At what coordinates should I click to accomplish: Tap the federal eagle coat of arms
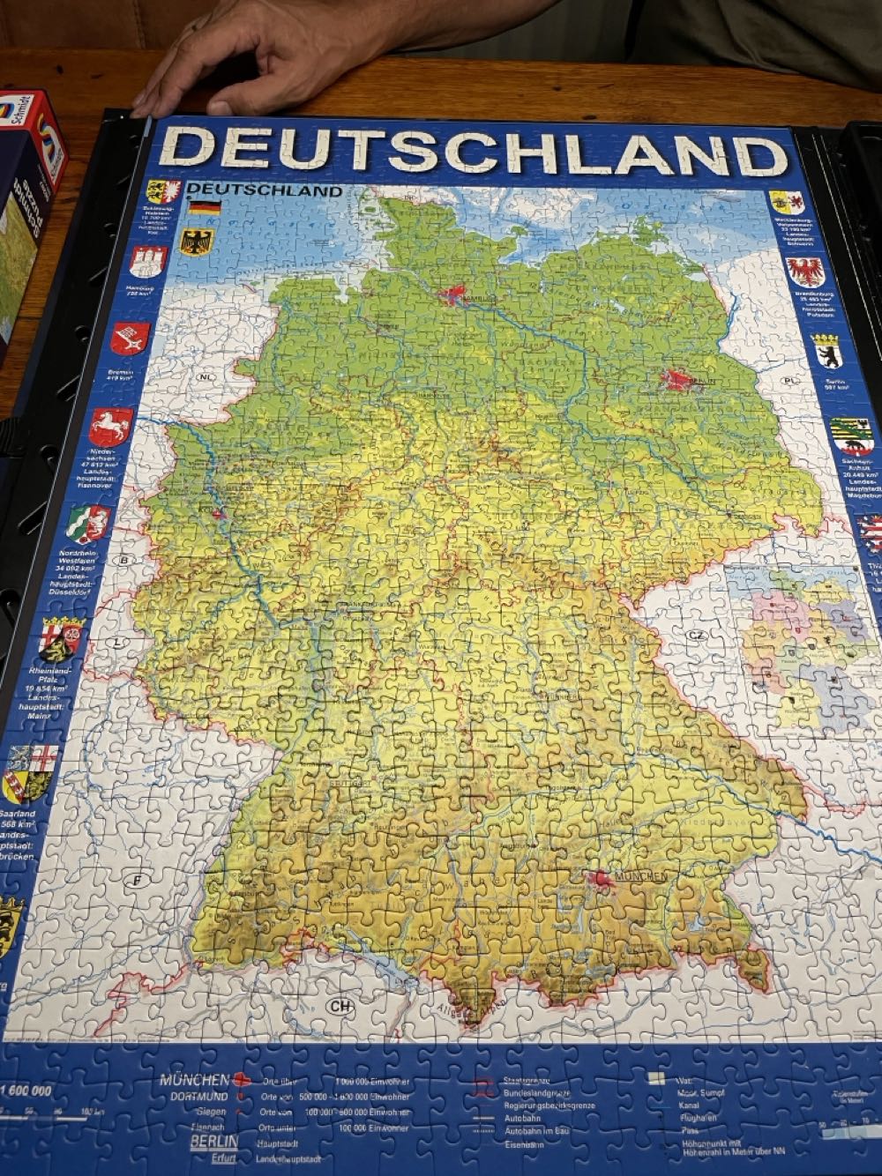[193, 241]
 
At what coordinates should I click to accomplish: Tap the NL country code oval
[206, 376]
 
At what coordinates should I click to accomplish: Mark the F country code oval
[137, 880]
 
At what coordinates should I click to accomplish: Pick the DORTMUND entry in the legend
[195, 1097]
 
